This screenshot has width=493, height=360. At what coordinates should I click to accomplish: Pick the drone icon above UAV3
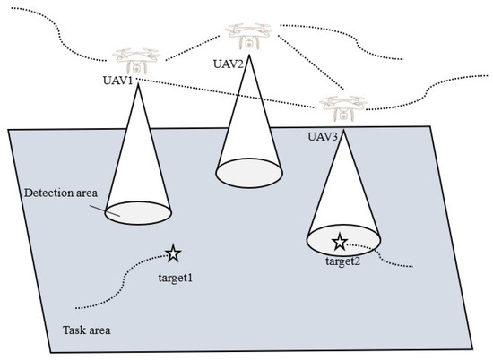pos(339,108)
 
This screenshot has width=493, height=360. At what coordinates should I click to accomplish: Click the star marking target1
pos(173,254)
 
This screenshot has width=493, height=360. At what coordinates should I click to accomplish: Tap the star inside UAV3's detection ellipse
pos(340,241)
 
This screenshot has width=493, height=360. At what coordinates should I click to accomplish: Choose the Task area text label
pos(88,329)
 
